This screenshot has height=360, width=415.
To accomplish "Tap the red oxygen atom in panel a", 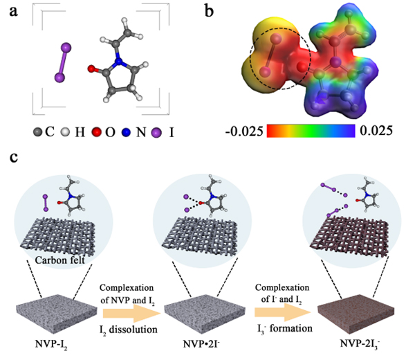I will click(91, 69).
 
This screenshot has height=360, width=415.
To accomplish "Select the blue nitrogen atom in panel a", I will click(118, 64).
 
